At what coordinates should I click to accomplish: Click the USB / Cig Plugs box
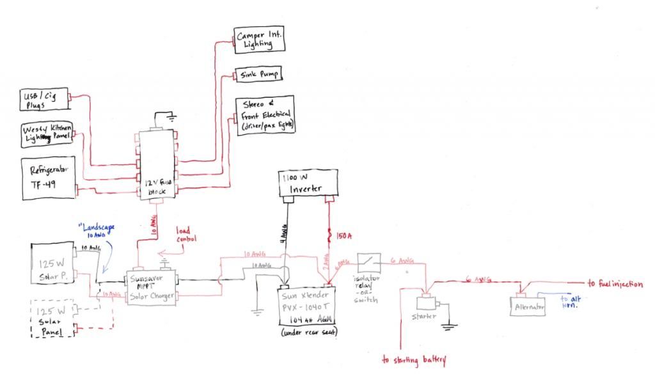click(x=44, y=101)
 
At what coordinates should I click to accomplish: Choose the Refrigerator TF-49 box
click(x=49, y=175)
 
